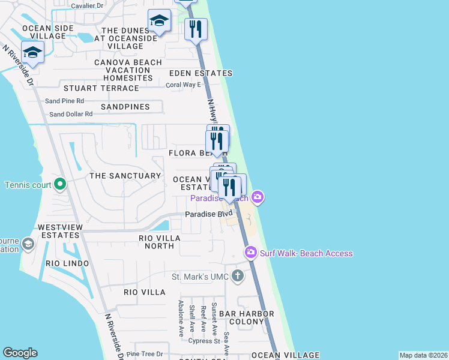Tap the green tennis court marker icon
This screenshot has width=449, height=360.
point(59,184)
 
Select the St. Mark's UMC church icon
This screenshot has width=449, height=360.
point(238,276)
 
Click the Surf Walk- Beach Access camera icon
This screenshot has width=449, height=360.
point(250,253)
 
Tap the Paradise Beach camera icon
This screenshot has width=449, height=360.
point(258,197)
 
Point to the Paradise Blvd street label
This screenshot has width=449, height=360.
point(208,214)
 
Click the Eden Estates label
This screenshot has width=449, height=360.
point(200,73)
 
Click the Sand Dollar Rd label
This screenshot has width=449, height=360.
point(71,114)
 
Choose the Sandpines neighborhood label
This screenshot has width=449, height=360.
point(125,107)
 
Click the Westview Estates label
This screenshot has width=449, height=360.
point(59,232)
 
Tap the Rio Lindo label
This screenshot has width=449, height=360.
point(67,263)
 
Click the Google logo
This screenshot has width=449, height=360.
point(20,353)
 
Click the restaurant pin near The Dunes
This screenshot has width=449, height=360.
point(196,29)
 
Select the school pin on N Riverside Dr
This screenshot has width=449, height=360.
point(32,52)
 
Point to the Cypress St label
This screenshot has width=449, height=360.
point(205,341)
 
